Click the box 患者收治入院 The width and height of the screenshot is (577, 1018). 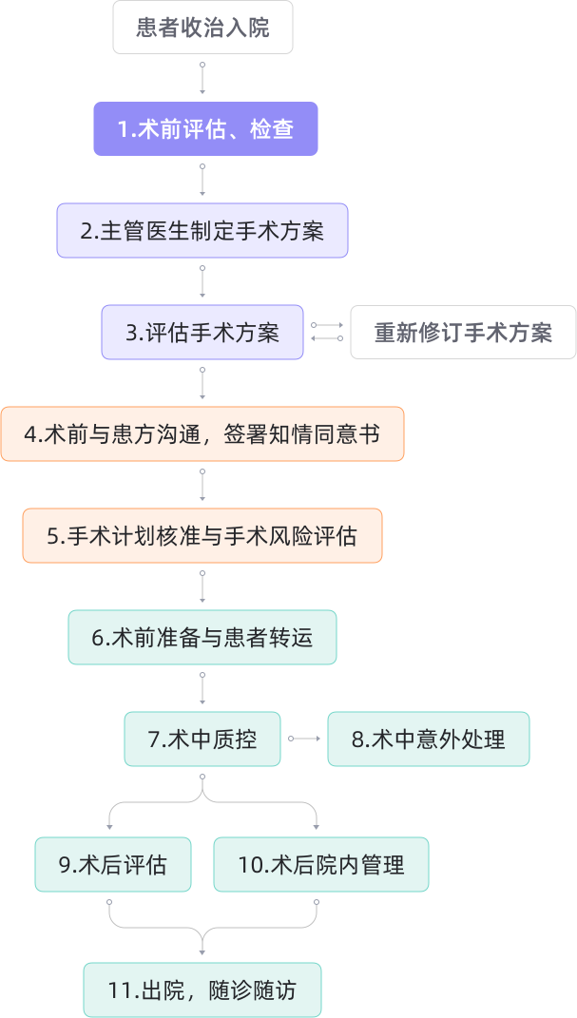tap(202, 28)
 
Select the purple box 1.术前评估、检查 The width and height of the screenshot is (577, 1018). tap(205, 129)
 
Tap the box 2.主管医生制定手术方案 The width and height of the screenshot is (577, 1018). tap(202, 231)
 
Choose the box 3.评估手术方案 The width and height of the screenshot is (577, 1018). tap(202, 333)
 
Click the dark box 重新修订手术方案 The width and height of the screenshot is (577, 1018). tap(463, 333)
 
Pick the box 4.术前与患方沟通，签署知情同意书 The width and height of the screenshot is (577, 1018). tap(202, 434)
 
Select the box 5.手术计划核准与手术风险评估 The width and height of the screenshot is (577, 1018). tap(202, 536)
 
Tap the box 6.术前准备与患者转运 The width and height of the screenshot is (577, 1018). tap(202, 637)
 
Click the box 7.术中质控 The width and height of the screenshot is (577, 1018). tap(202, 739)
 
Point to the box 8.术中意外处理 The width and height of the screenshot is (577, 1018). tap(429, 739)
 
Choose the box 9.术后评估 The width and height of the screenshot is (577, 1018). tap(113, 864)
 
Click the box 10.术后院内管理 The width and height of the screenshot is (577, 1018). tap(321, 864)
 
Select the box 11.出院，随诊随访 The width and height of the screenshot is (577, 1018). tap(202, 990)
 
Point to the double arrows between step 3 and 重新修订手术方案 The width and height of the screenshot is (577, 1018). tap(327, 332)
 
